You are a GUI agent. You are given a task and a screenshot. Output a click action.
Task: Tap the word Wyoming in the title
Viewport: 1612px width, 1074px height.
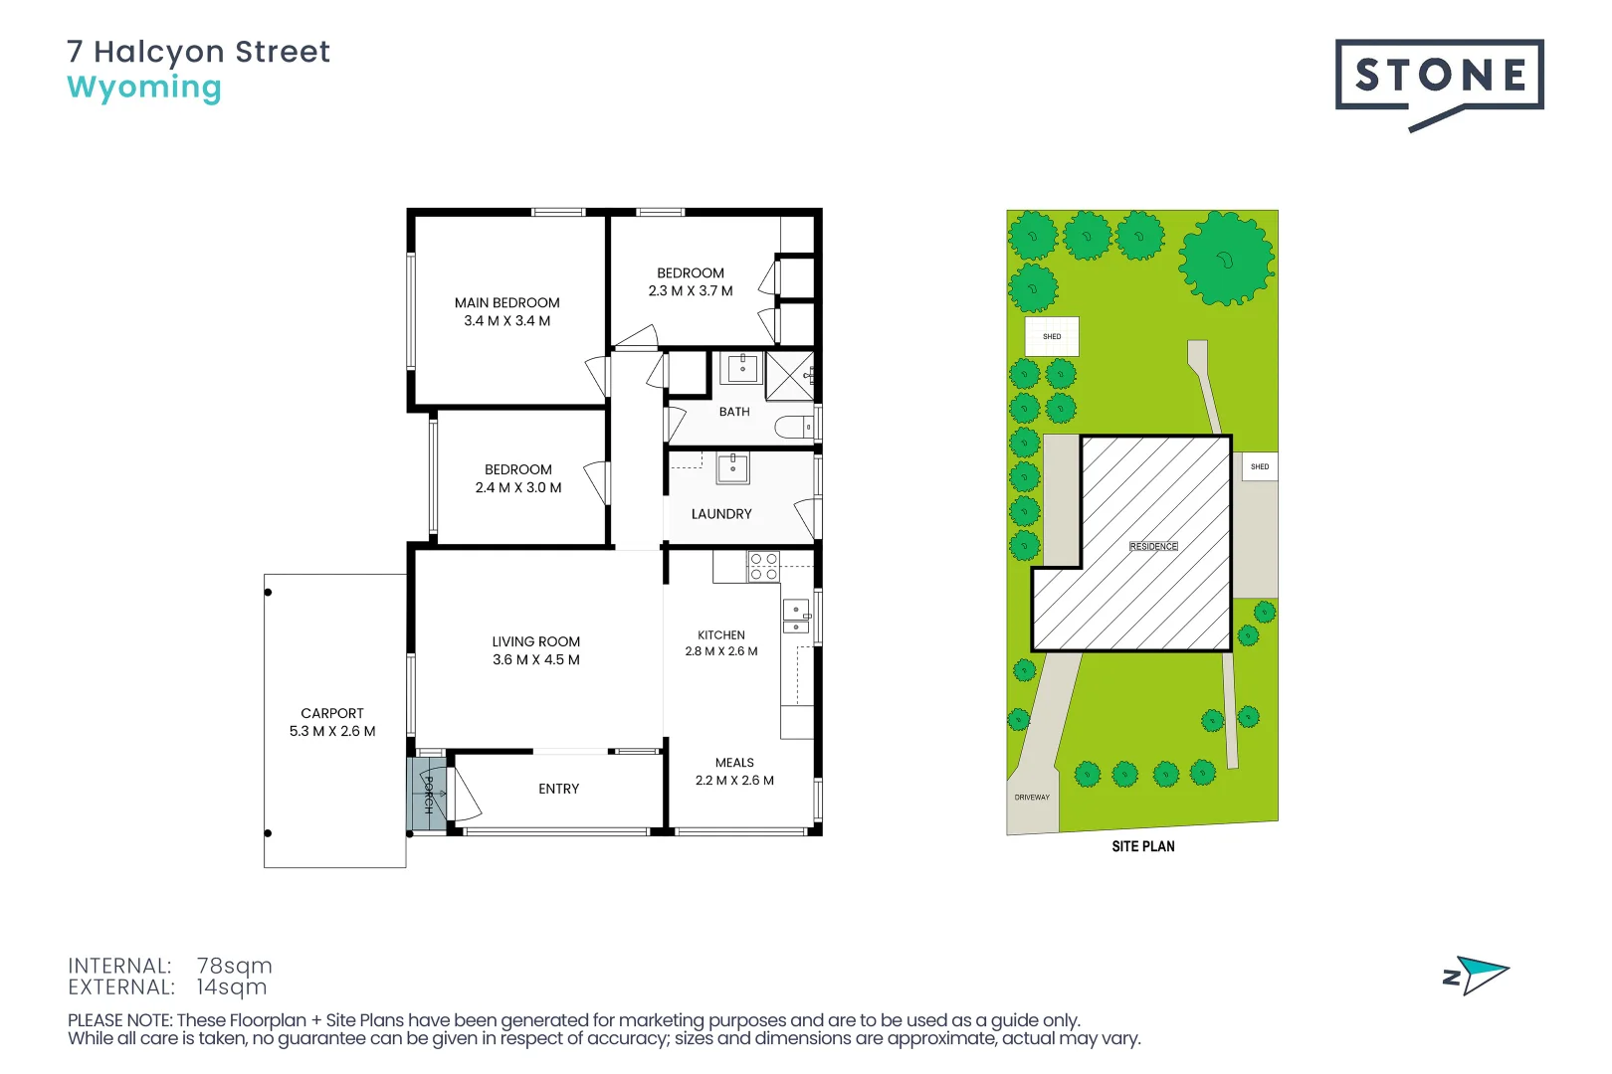(144, 88)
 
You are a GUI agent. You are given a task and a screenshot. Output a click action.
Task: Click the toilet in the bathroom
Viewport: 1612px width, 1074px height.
(794, 428)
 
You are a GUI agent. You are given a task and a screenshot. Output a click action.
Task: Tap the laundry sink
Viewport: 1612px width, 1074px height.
(733, 468)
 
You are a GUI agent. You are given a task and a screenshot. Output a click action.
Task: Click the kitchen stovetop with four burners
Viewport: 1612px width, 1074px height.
(763, 566)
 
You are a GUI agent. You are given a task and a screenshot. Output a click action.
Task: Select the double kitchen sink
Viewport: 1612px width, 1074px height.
(796, 617)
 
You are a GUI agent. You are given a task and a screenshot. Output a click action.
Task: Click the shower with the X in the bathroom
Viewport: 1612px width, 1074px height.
(789, 376)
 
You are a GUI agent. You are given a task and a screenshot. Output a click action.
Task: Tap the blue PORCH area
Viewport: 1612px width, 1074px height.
(428, 793)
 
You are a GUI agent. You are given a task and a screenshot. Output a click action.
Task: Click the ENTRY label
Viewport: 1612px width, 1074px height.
(558, 790)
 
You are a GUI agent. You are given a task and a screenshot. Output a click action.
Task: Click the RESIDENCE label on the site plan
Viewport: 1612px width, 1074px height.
(1153, 547)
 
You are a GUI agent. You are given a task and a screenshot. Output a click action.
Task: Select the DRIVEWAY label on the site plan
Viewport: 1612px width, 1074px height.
(1032, 798)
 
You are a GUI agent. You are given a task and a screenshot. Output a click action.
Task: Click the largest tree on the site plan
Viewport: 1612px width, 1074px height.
(1226, 259)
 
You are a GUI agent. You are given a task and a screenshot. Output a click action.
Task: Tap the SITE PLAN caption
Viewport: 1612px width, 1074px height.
(1142, 846)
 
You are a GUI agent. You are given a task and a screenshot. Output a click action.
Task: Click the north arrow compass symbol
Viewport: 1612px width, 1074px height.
(1476, 976)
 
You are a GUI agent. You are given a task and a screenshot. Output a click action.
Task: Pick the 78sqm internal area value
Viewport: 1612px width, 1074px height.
(235, 966)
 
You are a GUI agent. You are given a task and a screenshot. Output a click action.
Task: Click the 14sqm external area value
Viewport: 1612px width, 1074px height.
(232, 986)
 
